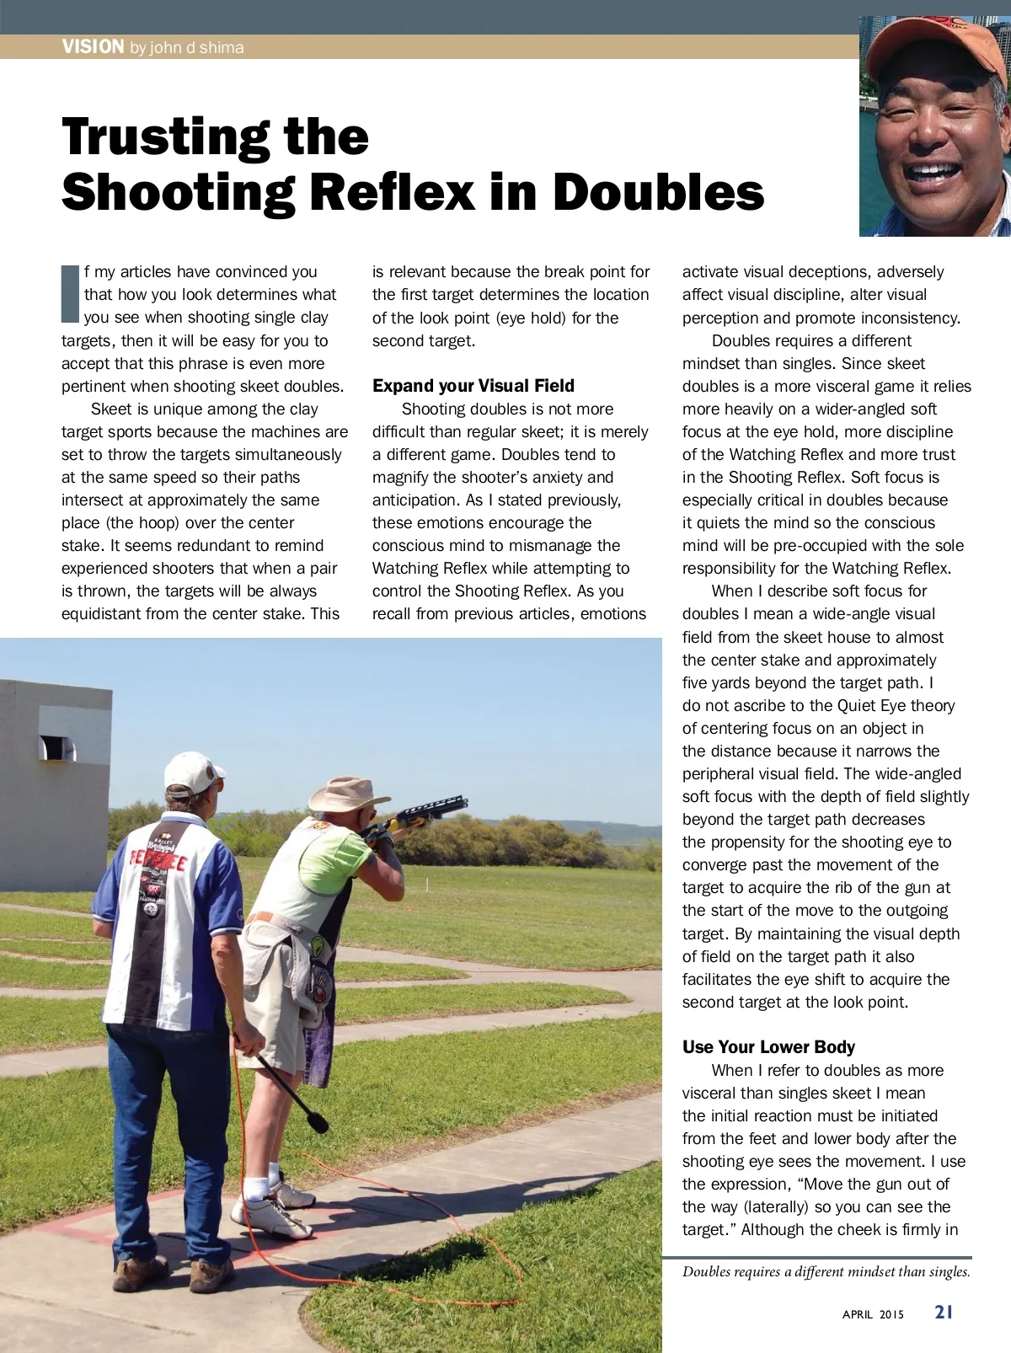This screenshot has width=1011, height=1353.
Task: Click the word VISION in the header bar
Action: (93, 46)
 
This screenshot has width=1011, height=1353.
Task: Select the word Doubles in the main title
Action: (658, 192)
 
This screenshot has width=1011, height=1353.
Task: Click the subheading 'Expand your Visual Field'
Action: (473, 386)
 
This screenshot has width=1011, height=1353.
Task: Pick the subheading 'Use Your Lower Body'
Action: (768, 1047)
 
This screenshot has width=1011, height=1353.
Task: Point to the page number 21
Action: (944, 1312)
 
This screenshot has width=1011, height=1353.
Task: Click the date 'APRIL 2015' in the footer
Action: (873, 1314)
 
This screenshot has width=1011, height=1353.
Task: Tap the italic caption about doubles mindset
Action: (826, 1272)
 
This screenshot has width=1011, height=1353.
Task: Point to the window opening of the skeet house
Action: (57, 746)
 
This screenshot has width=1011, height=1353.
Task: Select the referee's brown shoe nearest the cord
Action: (211, 1274)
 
